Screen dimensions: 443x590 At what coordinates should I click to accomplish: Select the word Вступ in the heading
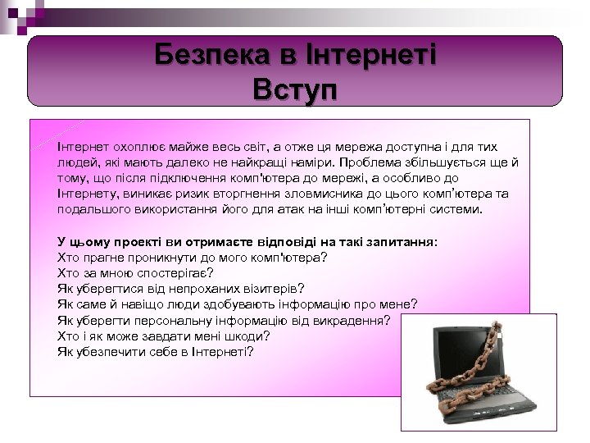tap(294, 88)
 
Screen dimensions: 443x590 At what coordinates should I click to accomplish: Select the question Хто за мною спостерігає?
tap(135, 273)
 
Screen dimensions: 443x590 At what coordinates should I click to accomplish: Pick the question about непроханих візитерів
tap(180, 289)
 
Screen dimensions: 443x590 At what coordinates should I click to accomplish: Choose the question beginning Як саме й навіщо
tap(238, 304)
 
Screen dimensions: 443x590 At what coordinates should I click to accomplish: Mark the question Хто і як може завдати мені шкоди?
tap(164, 336)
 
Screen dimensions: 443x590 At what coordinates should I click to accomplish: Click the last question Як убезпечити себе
tap(156, 351)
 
